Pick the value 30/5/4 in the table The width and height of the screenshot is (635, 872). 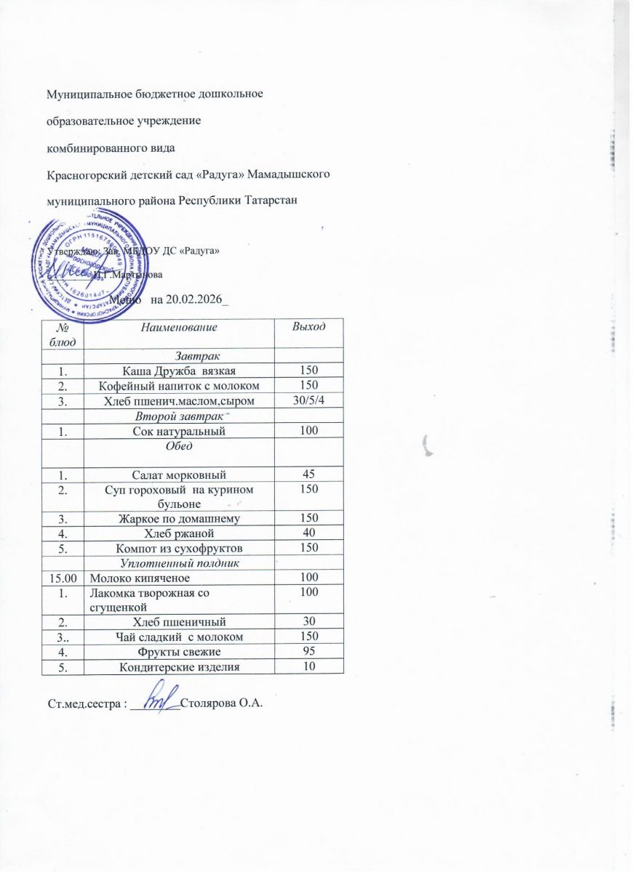pos(308,397)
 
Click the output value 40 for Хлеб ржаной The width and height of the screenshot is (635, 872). pos(308,532)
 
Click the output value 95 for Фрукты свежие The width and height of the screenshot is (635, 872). pos(308,651)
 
